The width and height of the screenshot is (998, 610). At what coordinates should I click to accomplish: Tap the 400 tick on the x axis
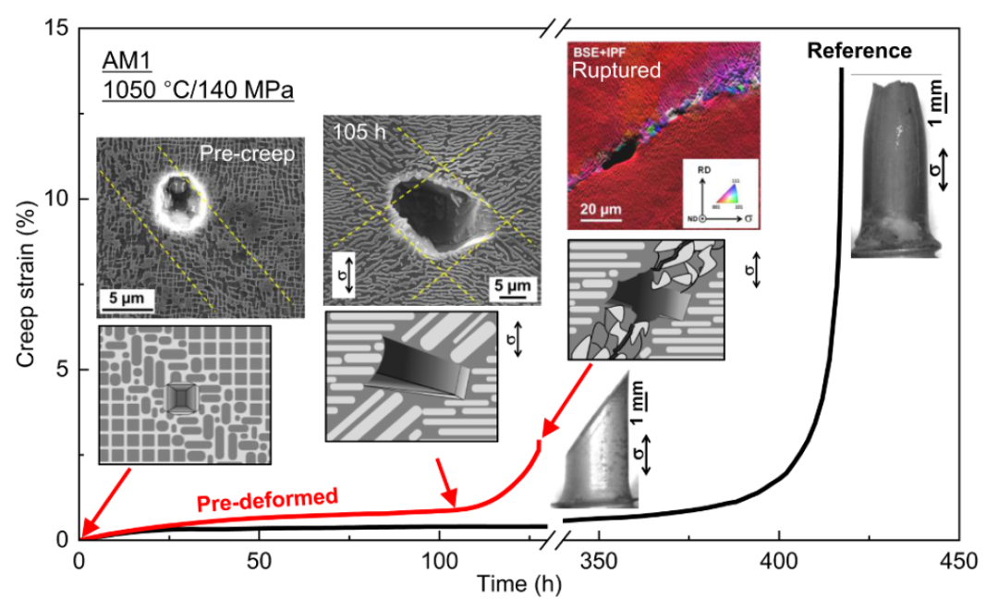[779, 561]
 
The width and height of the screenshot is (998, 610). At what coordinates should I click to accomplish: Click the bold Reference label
[859, 51]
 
